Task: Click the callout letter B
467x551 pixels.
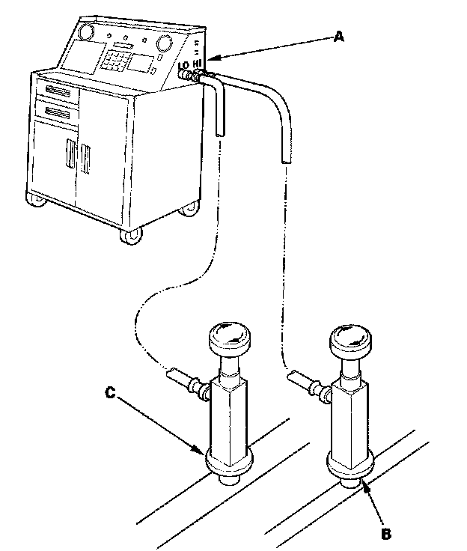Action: click(x=385, y=534)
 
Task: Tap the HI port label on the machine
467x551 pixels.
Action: click(x=198, y=64)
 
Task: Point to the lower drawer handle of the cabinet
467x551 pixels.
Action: click(x=62, y=114)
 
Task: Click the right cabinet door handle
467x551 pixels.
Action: click(x=87, y=159)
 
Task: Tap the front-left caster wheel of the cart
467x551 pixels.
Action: click(x=34, y=199)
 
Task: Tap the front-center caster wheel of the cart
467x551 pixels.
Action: click(x=129, y=235)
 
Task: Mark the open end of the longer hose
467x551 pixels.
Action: click(x=285, y=158)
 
